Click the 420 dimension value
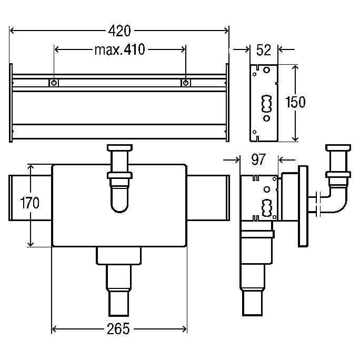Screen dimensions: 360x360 click(119, 31)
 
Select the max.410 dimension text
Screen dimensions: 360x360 click(120, 49)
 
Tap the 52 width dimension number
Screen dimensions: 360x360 click(264, 50)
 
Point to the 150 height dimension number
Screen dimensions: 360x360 click(295, 102)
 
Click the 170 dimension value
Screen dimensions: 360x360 click(30, 203)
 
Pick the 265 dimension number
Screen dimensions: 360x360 click(118, 329)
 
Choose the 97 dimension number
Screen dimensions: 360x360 click(259, 159)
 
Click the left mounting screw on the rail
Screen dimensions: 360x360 click(54, 83)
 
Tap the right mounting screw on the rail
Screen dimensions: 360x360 click(186, 83)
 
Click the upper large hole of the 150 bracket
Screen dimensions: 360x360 click(266, 70)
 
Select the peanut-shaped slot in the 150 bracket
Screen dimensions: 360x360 click(266, 104)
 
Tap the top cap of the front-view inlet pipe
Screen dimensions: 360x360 click(119, 147)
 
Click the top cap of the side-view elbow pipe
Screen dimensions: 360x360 click(338, 147)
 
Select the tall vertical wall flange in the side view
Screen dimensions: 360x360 click(303, 206)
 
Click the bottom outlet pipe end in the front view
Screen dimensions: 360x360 click(118, 304)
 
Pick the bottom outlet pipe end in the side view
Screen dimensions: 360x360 click(252, 303)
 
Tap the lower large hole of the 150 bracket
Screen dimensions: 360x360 click(266, 118)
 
